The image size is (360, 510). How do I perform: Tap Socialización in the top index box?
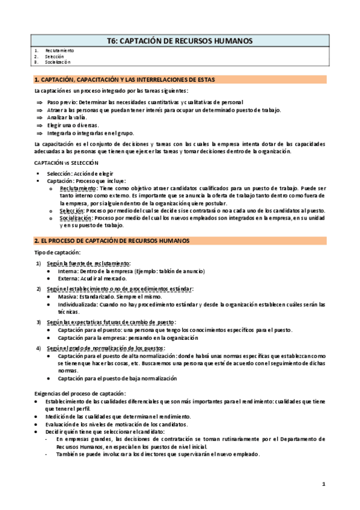coord(58,61)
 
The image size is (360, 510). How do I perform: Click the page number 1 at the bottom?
coord(323,484)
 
